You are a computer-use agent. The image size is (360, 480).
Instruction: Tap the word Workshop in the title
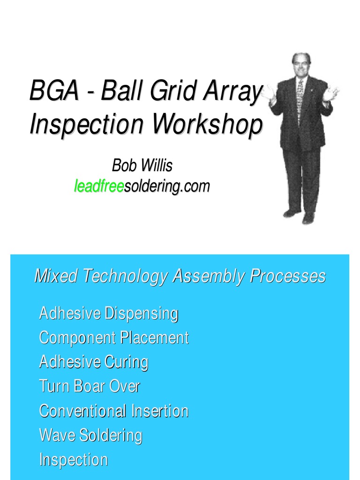click(208, 124)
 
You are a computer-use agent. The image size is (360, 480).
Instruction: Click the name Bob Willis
click(142, 165)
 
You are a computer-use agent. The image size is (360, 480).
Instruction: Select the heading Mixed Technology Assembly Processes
click(180, 277)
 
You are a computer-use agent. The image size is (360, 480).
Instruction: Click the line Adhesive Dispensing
click(108, 313)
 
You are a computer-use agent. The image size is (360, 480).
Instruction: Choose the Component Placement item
click(114, 337)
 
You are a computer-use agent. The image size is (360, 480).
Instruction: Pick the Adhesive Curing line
click(94, 362)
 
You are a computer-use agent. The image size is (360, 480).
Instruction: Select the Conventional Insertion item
click(114, 411)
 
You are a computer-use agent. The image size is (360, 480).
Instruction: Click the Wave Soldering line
click(90, 435)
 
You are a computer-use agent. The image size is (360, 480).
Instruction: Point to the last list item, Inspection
click(74, 460)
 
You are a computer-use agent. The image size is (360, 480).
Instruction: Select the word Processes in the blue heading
click(287, 277)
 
